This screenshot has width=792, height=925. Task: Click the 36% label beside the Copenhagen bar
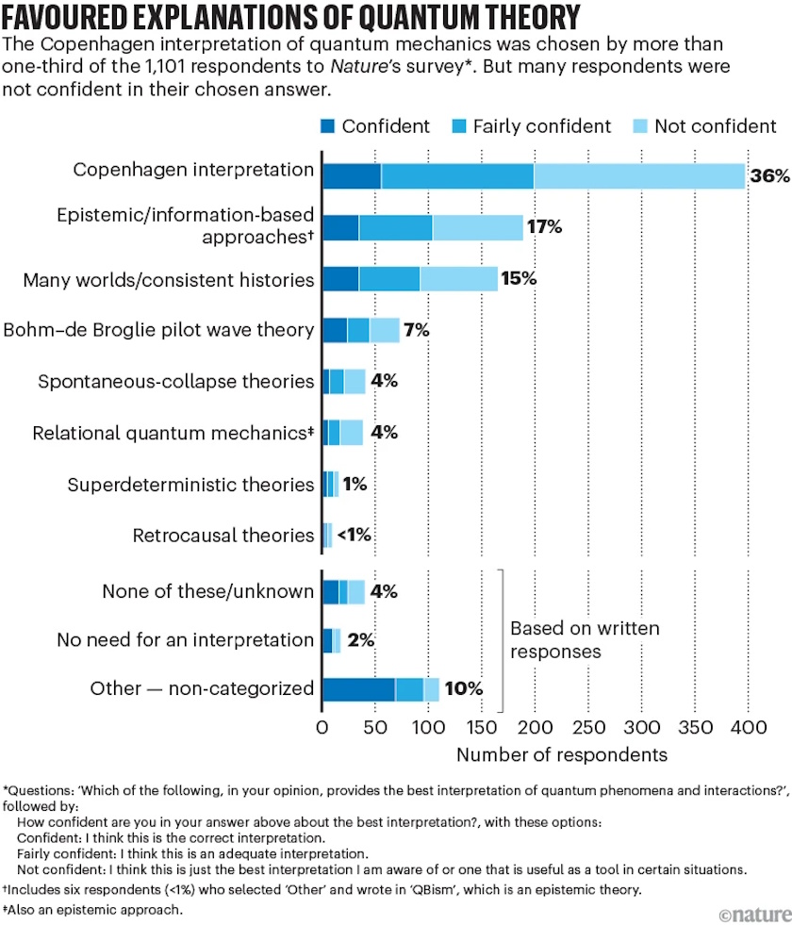pyautogui.click(x=768, y=176)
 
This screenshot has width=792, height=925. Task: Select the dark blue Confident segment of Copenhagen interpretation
pyautogui.click(x=352, y=175)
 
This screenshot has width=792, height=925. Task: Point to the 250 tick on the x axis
pyautogui.click(x=587, y=727)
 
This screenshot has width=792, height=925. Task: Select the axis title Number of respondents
pyautogui.click(x=562, y=754)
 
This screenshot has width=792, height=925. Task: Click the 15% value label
pyautogui.click(x=519, y=279)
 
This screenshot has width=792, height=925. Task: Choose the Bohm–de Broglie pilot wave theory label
pyautogui.click(x=158, y=330)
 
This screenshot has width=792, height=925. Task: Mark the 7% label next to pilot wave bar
pyautogui.click(x=417, y=330)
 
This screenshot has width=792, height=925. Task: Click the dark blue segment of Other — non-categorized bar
pyautogui.click(x=358, y=689)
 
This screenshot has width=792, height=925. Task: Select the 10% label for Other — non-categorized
pyautogui.click(x=463, y=689)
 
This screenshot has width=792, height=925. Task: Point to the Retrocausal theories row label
pyautogui.click(x=223, y=536)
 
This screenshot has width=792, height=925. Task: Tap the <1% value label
pyautogui.click(x=355, y=536)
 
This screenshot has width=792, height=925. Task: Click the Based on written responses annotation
pyautogui.click(x=585, y=639)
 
